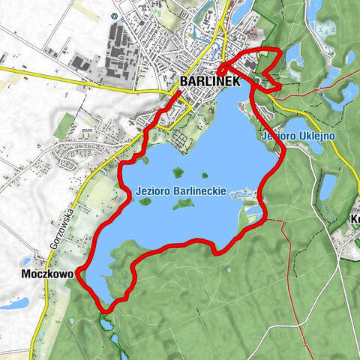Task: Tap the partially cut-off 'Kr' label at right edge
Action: pyautogui.click(x=354, y=219)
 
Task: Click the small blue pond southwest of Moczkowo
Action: pyautogui.click(x=15, y=304)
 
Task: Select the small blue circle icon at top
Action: pyautogui.click(x=113, y=14)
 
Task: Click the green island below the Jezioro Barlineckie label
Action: pyautogui.click(x=182, y=204)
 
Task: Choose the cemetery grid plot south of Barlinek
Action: pyautogui.click(x=182, y=139)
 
